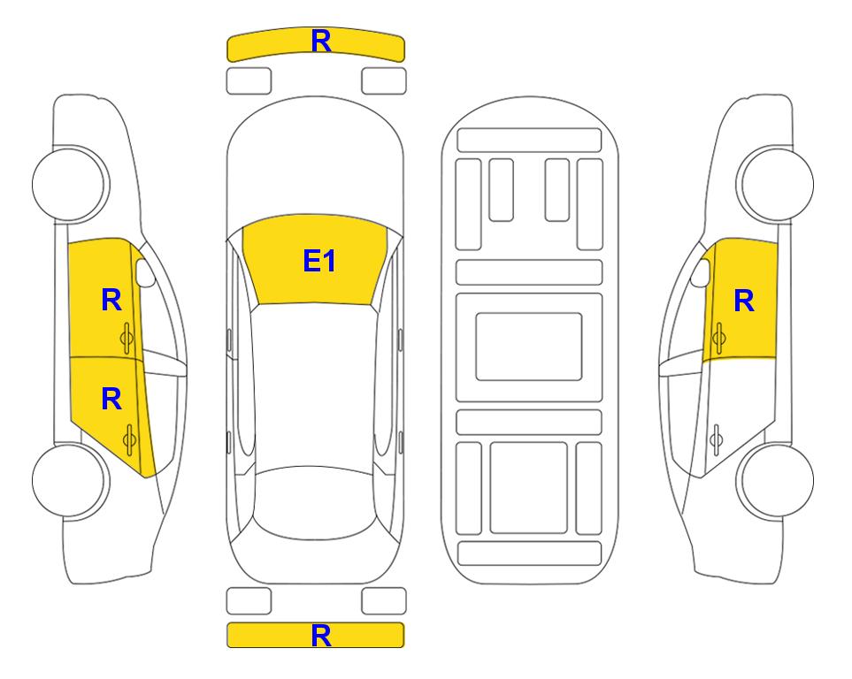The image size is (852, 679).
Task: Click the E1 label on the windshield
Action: pyautogui.click(x=319, y=261)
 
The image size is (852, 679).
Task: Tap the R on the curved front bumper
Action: pyautogui.click(x=321, y=41)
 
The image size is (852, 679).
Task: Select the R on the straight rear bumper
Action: pyautogui.click(x=321, y=636)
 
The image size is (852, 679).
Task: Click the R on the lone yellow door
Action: pyautogui.click(x=744, y=301)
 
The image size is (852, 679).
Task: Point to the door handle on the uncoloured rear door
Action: pyautogui.click(x=717, y=440)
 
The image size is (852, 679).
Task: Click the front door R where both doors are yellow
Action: pyautogui.click(x=111, y=300)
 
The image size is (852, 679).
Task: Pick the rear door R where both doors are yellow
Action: pyautogui.click(x=111, y=400)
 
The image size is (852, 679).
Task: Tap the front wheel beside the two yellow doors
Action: pyautogui.click(x=70, y=184)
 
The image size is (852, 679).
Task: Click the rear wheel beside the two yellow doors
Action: pyautogui.click(x=70, y=480)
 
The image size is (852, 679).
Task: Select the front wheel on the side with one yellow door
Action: pyautogui.click(x=776, y=184)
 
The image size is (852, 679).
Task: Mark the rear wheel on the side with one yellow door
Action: pyautogui.click(x=776, y=480)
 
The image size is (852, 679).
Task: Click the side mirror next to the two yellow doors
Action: pyautogui.click(x=145, y=272)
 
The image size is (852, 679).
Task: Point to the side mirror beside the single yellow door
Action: pyautogui.click(x=701, y=272)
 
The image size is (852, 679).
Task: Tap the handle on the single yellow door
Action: pyautogui.click(x=719, y=338)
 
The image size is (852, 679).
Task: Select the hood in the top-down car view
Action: pyautogui.click(x=315, y=163)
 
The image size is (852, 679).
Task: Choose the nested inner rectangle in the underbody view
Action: pyautogui.click(x=529, y=347)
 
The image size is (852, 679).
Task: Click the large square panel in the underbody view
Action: pyautogui.click(x=529, y=488)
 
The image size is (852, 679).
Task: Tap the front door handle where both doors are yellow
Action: pyautogui.click(x=127, y=338)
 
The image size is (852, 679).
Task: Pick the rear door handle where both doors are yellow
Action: pyautogui.click(x=129, y=440)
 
